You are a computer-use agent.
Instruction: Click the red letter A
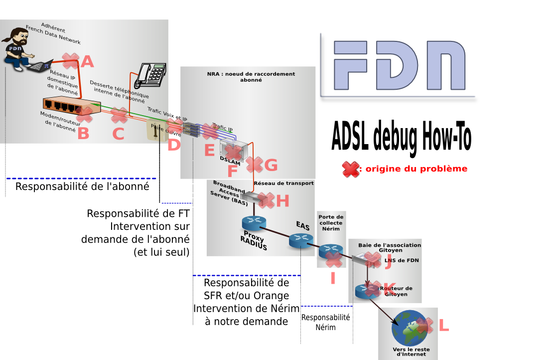click(x=87, y=61)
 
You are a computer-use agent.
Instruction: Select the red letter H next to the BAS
click(x=282, y=200)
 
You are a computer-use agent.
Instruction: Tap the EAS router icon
click(x=299, y=241)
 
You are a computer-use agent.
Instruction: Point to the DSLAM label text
click(x=230, y=163)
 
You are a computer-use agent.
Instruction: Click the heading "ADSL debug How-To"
click(x=401, y=135)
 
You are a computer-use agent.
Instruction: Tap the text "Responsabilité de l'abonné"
click(x=82, y=187)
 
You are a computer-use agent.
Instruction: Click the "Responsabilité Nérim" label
click(x=326, y=322)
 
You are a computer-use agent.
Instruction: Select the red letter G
click(x=271, y=165)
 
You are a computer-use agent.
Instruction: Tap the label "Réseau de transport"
click(x=284, y=183)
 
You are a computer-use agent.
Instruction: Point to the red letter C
click(x=118, y=134)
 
